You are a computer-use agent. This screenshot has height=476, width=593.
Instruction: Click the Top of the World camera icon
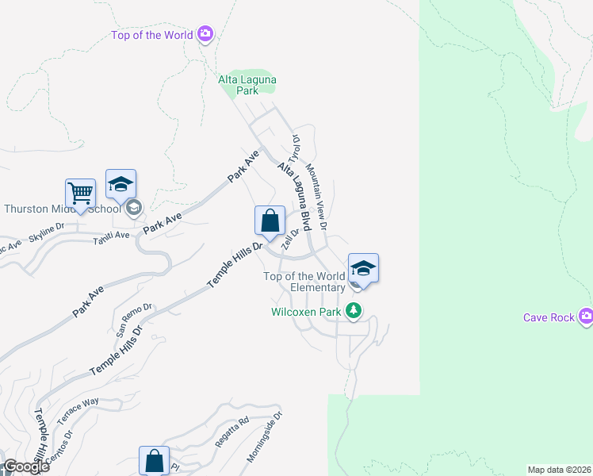[205, 34]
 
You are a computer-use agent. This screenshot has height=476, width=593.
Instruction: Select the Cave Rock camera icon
[586, 317]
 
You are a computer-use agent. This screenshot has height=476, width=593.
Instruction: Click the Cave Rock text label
[549, 317]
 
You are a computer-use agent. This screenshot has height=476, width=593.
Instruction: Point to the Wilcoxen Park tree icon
[354, 311]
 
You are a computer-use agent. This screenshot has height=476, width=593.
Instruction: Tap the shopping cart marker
[80, 193]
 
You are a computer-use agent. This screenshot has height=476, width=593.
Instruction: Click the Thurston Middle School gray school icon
[133, 209]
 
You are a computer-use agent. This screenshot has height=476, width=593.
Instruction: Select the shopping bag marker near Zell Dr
[270, 221]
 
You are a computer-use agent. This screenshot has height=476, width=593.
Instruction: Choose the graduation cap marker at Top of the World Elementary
[363, 268]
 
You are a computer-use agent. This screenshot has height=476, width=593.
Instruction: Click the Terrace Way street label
[80, 402]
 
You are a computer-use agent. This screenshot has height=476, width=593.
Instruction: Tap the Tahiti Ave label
[110, 236]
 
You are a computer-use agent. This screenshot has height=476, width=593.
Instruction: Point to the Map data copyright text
[560, 470]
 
